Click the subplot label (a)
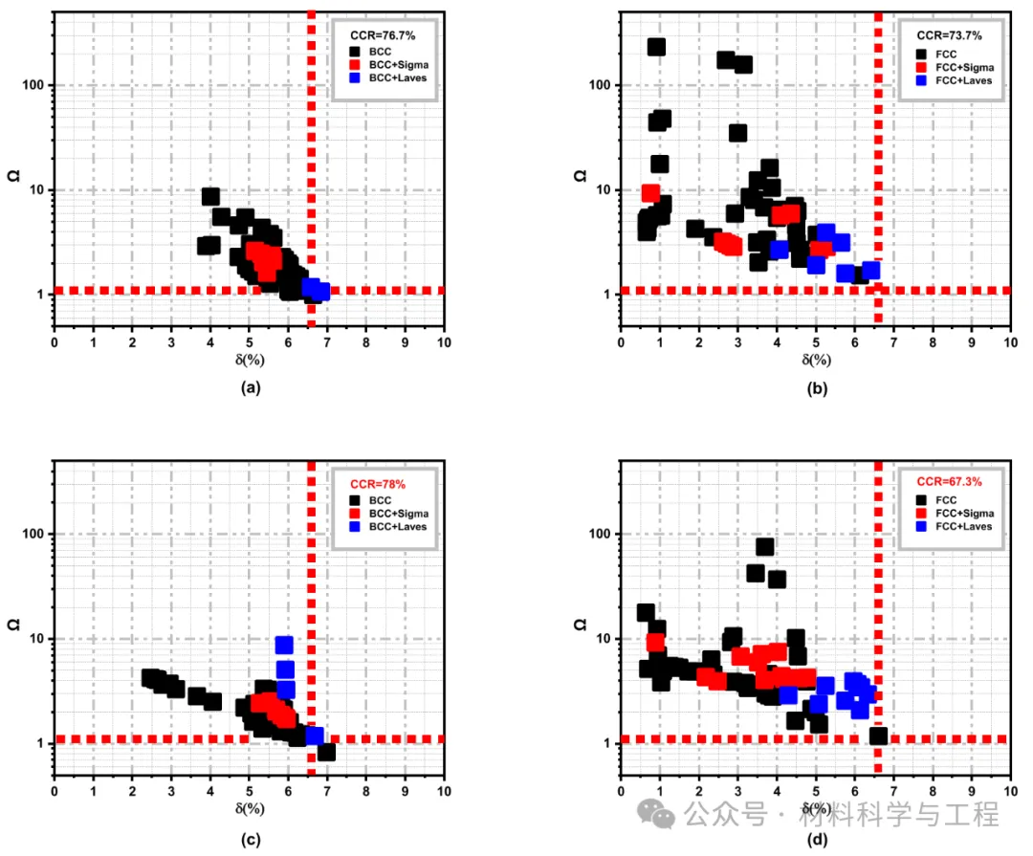250,387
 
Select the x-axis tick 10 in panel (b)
1010,341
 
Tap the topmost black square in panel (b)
656,47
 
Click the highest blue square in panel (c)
284,646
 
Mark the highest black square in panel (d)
764,547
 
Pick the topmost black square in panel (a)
210,197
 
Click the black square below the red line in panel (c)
326,752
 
